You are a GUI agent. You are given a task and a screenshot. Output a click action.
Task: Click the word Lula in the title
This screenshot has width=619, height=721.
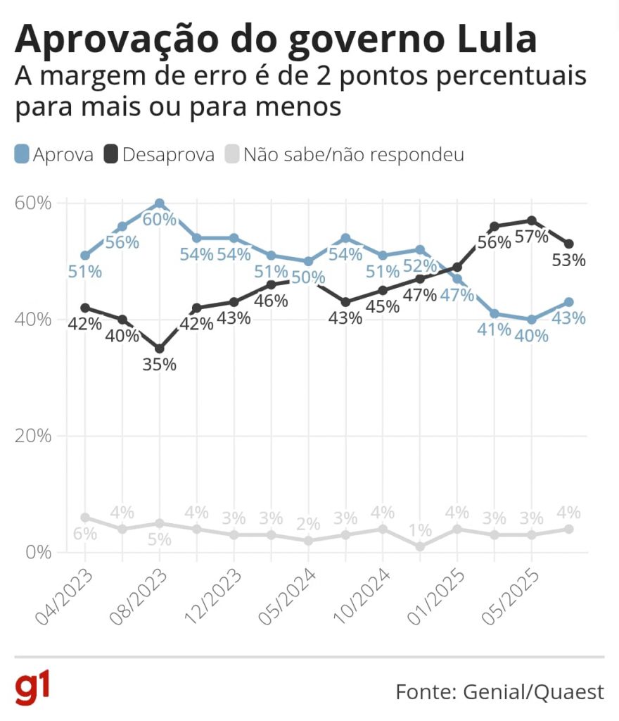coord(497,39)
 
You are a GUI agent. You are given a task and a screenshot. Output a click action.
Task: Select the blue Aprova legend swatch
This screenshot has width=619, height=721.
coord(22,154)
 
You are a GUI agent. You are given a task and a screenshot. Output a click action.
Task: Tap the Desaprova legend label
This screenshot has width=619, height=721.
coord(169,155)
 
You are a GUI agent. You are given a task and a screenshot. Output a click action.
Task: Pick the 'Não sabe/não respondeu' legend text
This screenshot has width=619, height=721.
coord(354,155)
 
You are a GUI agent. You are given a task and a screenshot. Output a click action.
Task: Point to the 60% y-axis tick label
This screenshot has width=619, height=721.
coord(32,203)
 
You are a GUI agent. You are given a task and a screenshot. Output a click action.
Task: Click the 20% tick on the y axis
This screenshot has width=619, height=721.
coord(32,436)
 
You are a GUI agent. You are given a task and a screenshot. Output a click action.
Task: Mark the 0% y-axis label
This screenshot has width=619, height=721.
coord(38,552)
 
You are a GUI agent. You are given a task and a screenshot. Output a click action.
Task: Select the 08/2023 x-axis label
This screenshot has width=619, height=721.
coord(139,597)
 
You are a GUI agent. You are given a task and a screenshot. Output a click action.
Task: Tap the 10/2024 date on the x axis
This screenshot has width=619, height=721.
coord(362,597)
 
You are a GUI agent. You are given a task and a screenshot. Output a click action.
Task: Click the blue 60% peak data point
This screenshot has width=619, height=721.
coord(160,203)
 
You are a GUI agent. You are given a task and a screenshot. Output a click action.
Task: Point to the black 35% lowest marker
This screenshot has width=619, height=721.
coord(160,349)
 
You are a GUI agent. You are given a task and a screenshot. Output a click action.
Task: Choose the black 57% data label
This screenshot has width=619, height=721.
coord(531,237)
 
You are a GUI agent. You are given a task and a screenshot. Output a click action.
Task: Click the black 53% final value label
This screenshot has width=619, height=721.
coord(568,261)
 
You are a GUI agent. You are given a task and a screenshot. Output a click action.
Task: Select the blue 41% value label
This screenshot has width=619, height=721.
coord(494,330)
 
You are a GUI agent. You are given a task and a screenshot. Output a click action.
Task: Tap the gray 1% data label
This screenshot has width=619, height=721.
coord(420,531)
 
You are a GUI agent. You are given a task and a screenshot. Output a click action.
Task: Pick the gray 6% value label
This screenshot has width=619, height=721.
coord(85,534)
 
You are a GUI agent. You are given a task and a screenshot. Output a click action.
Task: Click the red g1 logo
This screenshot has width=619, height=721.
coord(32,689)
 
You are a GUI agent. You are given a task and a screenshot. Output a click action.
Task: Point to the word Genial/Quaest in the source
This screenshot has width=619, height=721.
coord(534,692)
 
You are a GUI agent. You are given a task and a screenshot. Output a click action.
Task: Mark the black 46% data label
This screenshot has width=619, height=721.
coord(271,301)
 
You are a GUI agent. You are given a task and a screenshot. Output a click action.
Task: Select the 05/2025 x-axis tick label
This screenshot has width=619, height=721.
coord(511,597)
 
